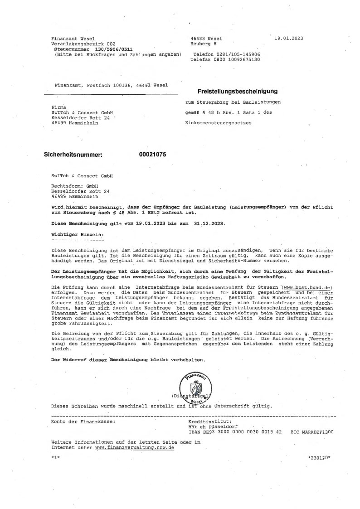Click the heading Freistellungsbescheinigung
pos(237,91)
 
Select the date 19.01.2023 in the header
pos(289,39)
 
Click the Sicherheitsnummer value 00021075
pos(153,155)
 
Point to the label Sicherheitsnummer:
pos(73,155)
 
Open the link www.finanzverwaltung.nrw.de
pos(135,447)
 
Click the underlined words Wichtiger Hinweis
pos(77,234)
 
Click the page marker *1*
pos(56,458)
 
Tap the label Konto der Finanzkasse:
pos(83,422)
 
